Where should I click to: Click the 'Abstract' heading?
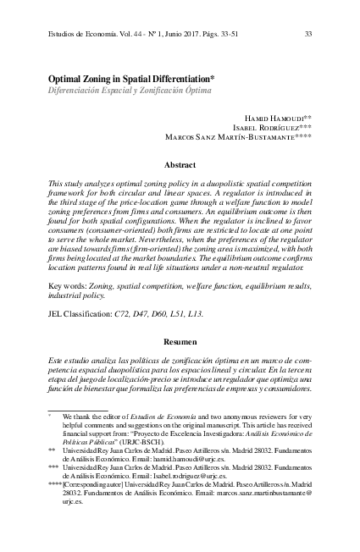[x=180, y=164]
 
